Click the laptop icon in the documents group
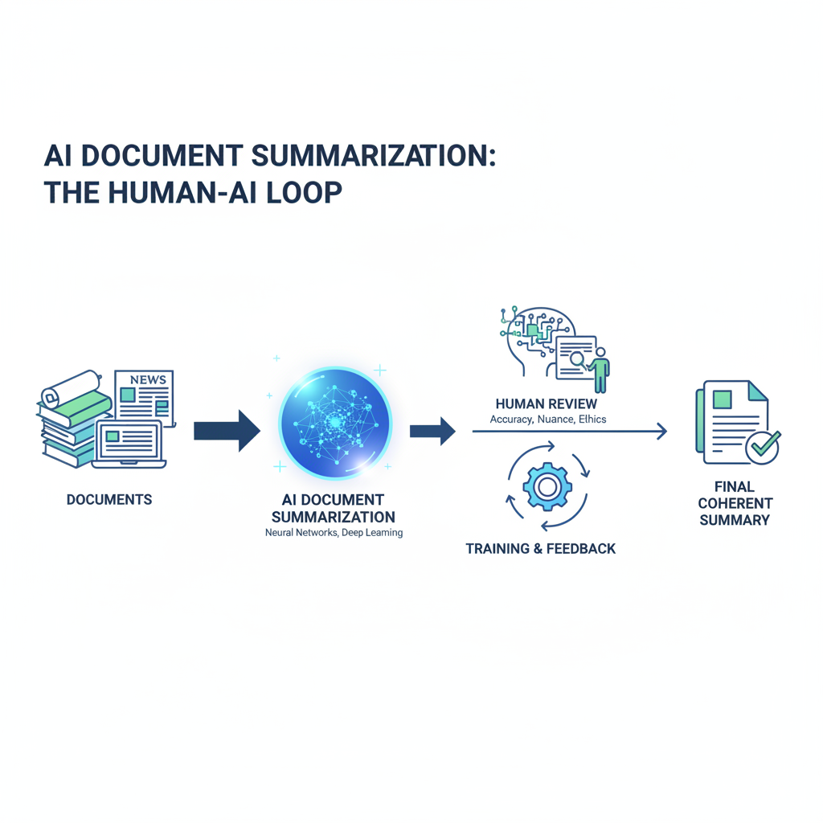click(129, 444)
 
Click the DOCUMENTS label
click(109, 500)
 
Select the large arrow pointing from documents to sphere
click(227, 432)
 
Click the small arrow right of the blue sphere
click(432, 432)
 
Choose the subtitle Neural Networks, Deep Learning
click(334, 533)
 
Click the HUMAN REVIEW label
click(547, 403)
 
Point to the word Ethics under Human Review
click(589, 420)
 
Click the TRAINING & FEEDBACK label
click(540, 549)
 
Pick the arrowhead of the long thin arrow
click(661, 432)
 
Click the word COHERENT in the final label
click(735, 503)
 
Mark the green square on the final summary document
click(722, 399)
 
